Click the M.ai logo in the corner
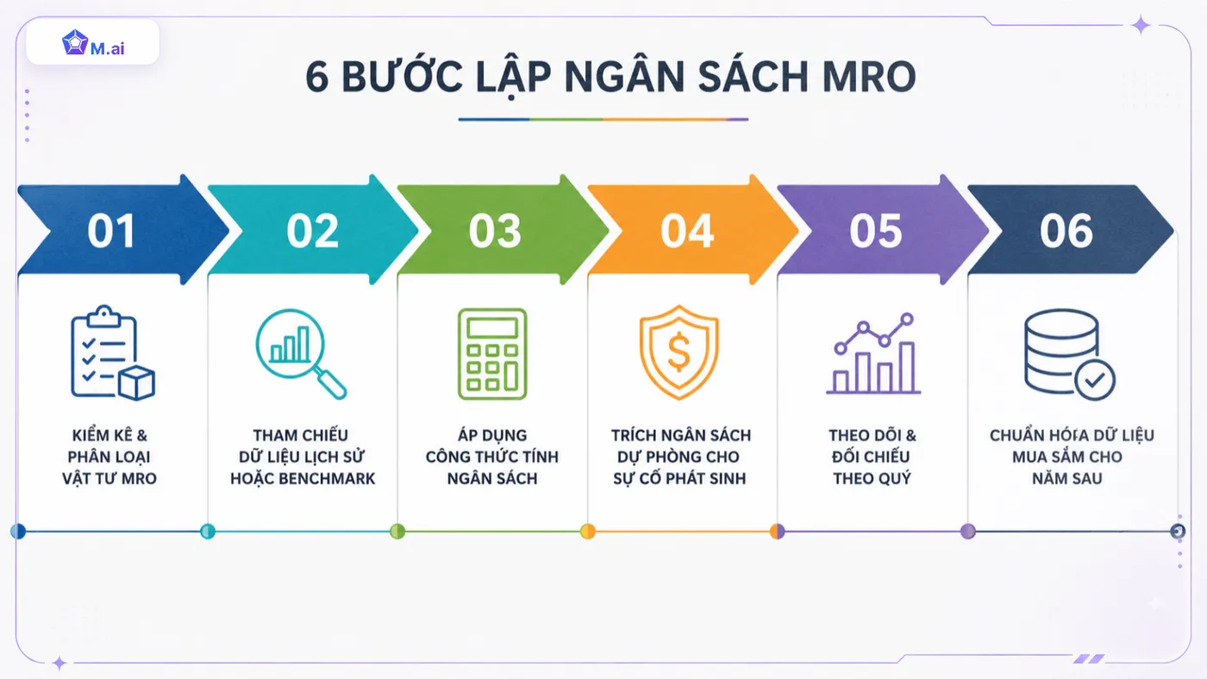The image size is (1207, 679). (x=93, y=43)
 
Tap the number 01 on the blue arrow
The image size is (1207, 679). (x=111, y=231)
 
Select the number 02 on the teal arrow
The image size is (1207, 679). (x=312, y=231)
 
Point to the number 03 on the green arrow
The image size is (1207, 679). (x=495, y=231)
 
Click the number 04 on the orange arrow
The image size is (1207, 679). (x=687, y=231)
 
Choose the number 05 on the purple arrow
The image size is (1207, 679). (x=876, y=231)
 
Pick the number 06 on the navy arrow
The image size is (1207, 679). (x=1066, y=231)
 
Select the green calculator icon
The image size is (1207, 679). (x=492, y=354)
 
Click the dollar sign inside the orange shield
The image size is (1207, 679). (x=679, y=352)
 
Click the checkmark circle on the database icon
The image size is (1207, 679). (x=1095, y=380)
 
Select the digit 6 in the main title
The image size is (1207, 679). (x=317, y=77)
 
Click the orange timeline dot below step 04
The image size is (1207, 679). (x=588, y=532)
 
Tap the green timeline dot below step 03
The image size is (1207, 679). (x=397, y=532)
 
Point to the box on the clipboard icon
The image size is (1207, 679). (x=136, y=383)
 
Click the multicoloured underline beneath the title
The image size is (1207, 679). (x=603, y=119)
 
